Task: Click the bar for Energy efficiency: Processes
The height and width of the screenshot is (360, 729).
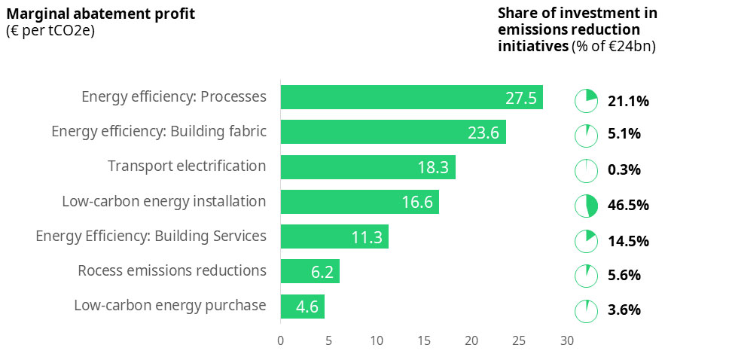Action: tap(411, 97)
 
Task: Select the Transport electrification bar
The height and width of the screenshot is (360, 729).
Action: tap(368, 166)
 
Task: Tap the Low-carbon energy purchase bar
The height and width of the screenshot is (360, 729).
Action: tap(302, 307)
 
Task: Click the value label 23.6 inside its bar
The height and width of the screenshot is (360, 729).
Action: tap(483, 133)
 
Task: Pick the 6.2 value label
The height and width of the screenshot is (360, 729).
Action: tap(322, 273)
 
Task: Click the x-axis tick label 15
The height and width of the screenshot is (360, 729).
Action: tap(424, 340)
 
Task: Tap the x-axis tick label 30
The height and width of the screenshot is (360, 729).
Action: tap(566, 340)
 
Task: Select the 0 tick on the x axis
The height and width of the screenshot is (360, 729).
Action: tap(281, 340)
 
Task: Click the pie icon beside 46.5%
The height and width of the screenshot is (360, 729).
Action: tap(587, 206)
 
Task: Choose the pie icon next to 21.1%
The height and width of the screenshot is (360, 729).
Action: tap(587, 101)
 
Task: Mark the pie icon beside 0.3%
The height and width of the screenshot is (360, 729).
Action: tap(587, 170)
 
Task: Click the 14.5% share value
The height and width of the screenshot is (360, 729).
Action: tap(628, 241)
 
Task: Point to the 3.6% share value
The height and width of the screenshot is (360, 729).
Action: tap(624, 310)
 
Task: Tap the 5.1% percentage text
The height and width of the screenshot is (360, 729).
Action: tap(624, 135)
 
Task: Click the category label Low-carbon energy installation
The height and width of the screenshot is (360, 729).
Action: tap(164, 202)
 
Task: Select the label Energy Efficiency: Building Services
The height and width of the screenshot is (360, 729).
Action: tap(151, 236)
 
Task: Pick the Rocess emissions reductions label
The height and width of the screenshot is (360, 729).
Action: tap(172, 270)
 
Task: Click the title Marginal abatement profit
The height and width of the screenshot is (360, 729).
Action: tap(100, 14)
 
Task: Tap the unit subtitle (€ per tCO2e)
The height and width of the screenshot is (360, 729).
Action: tap(50, 30)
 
